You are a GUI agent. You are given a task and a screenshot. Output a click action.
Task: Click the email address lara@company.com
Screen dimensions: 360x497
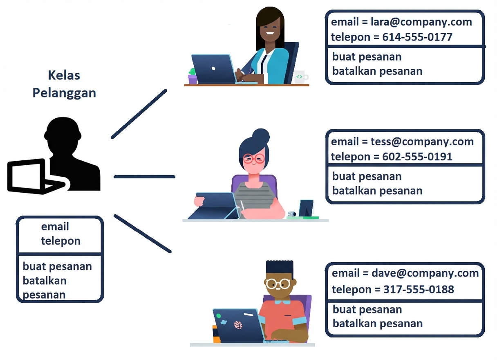[421, 22]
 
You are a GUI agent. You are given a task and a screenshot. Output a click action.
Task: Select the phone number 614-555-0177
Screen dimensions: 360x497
[417, 37]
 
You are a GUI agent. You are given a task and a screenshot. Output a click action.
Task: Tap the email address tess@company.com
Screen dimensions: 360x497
[422, 142]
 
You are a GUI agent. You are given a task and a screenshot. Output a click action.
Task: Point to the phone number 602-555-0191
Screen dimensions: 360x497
[417, 157]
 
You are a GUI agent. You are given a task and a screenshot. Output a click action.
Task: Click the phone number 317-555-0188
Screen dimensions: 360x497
[419, 290]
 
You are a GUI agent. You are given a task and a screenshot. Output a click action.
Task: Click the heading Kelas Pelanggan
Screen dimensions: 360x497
[64, 84]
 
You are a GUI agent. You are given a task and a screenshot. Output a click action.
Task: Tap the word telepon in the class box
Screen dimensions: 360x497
[60, 241]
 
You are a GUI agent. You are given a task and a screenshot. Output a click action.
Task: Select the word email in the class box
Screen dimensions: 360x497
[55, 227]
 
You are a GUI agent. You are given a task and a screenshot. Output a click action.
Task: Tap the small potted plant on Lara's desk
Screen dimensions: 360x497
[193, 76]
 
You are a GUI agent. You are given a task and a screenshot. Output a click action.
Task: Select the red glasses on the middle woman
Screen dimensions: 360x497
[253, 159]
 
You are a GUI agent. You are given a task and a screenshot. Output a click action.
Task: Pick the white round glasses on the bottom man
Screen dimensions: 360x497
[278, 283]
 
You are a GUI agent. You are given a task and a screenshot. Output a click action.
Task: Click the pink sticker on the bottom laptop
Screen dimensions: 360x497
[238, 325]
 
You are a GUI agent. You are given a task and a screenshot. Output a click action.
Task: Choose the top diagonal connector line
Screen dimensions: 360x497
[139, 114]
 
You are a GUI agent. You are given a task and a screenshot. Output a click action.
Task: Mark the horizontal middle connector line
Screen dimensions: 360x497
[144, 177]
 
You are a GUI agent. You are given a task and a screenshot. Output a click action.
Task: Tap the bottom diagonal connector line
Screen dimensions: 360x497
[142, 234]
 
